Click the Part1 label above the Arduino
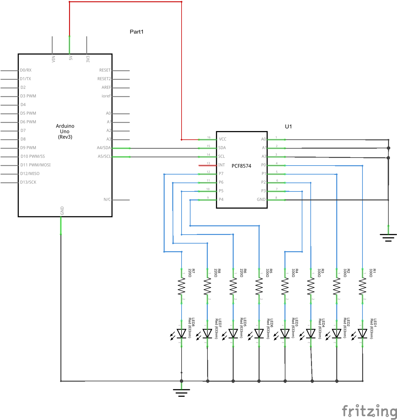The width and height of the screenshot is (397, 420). point(136,32)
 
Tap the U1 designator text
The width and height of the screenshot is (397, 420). point(288,127)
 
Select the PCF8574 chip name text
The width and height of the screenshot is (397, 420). point(241,166)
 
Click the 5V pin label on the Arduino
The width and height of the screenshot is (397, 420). point(71,58)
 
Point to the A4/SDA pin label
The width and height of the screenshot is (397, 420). point(104,148)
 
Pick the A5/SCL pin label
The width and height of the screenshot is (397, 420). point(104,156)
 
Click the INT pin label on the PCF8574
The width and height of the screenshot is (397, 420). point(222,165)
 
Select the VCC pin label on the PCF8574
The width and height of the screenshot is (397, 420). point(222,139)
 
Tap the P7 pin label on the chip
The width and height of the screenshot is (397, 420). point(221,174)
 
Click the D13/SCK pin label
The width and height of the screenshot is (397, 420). point(28,182)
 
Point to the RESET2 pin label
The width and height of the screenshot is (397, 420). point(104,79)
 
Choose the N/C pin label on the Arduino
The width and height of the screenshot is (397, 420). point(107,199)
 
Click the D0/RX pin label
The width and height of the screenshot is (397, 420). point(26,70)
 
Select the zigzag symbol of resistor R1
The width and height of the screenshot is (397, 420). point(362,286)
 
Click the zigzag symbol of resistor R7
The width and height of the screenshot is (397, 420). point(182,286)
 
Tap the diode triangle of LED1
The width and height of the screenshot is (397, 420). point(362,333)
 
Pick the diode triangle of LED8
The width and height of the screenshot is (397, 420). point(182,333)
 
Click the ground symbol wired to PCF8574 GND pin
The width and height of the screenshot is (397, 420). point(388,237)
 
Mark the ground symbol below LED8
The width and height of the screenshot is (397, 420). point(182,392)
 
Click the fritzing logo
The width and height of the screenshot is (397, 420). point(369,411)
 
